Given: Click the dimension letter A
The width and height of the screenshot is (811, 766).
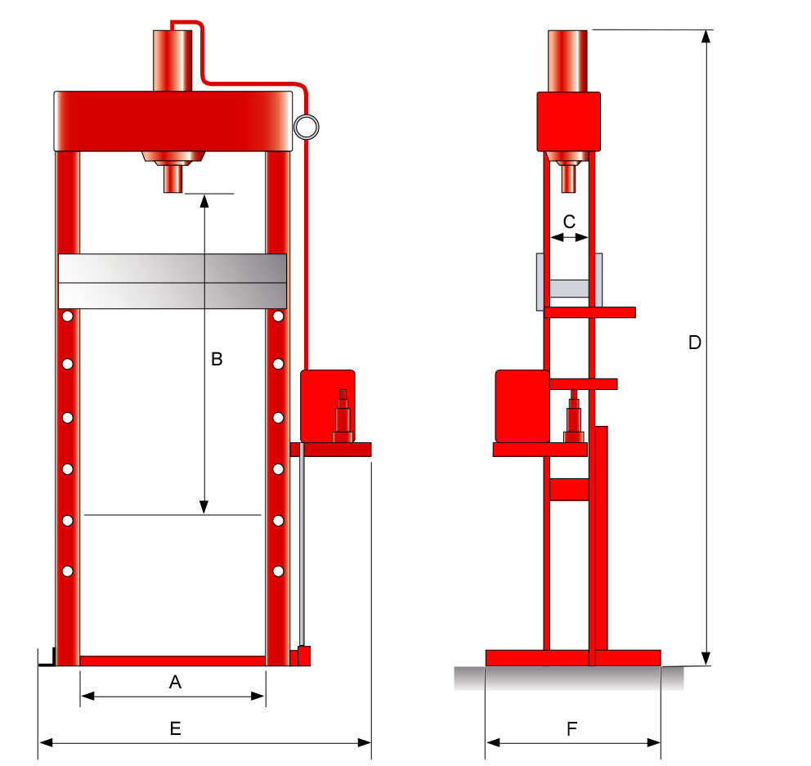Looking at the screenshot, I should pos(174,682).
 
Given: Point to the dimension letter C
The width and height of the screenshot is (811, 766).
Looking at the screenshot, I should pos(570,221).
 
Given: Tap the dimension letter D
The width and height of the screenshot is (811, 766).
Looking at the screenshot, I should pos(694,343).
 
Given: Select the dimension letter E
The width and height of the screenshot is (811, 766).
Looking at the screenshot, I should pos(175,729).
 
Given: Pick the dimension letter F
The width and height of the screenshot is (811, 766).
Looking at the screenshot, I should pos(571,729).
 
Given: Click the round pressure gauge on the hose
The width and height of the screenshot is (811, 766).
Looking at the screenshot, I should pos(307,126).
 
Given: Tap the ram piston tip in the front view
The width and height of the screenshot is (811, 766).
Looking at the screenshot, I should pos(173,179).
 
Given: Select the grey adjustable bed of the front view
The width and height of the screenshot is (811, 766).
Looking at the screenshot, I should pos(173,281).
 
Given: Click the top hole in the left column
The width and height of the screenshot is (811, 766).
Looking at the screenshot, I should pos(67,316).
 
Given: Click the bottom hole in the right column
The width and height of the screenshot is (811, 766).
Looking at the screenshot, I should pos(278,570).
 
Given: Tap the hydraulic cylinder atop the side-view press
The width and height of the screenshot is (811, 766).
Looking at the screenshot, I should pos(567,60).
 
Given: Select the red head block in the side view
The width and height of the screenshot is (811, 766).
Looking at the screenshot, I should pos(568,122).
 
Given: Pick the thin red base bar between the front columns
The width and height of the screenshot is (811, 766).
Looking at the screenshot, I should pos(173,661).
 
